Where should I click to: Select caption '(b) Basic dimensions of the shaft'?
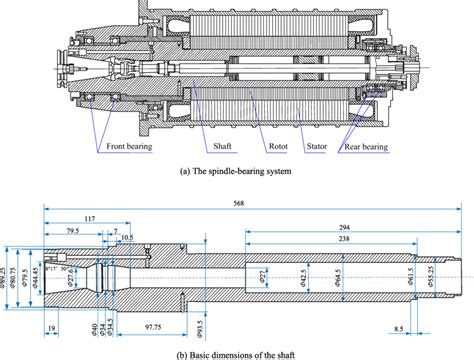[x=237, y=353]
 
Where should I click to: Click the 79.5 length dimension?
[x=73, y=232]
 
